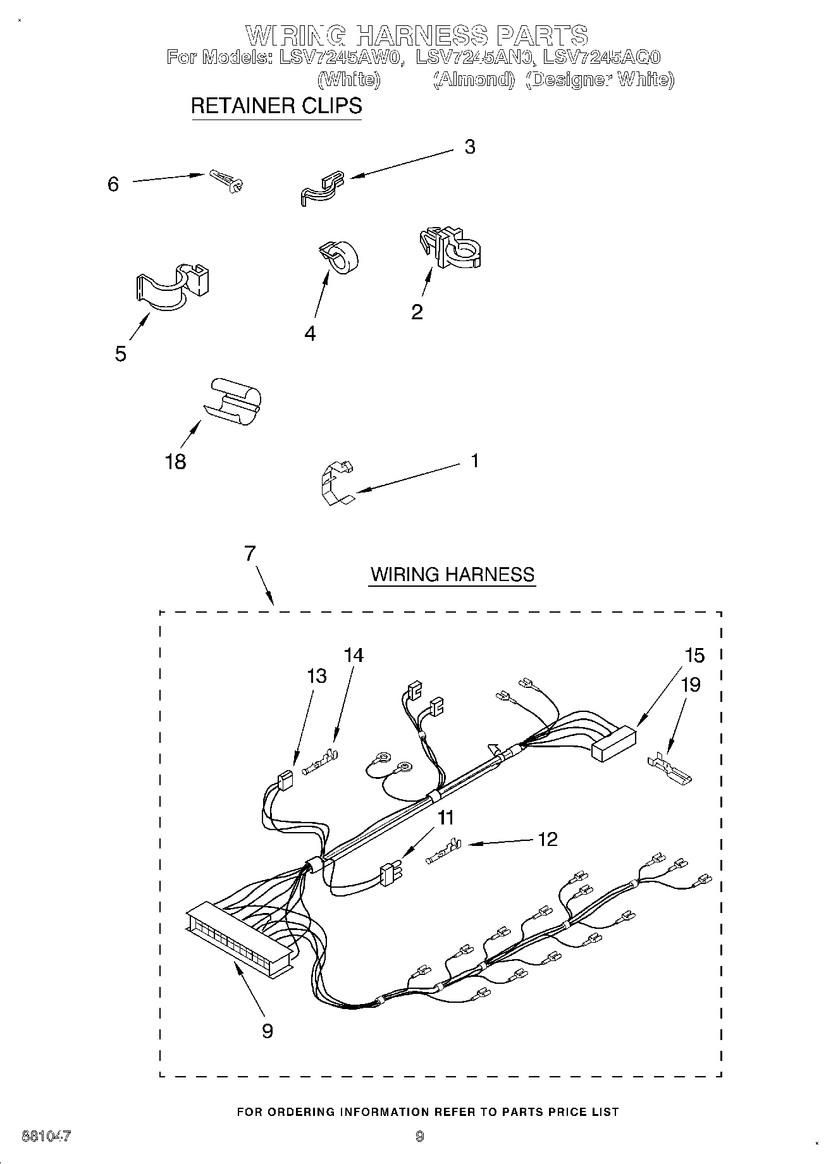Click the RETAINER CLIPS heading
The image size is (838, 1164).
pos(276,106)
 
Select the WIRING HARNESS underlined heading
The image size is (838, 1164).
pos(452,575)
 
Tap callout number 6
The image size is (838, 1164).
pos(113,184)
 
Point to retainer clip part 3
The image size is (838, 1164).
pos(321,187)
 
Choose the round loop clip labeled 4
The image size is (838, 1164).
pos(339,257)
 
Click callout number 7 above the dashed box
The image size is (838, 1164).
pos(250,553)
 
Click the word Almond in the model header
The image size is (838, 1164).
pos(474,80)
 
